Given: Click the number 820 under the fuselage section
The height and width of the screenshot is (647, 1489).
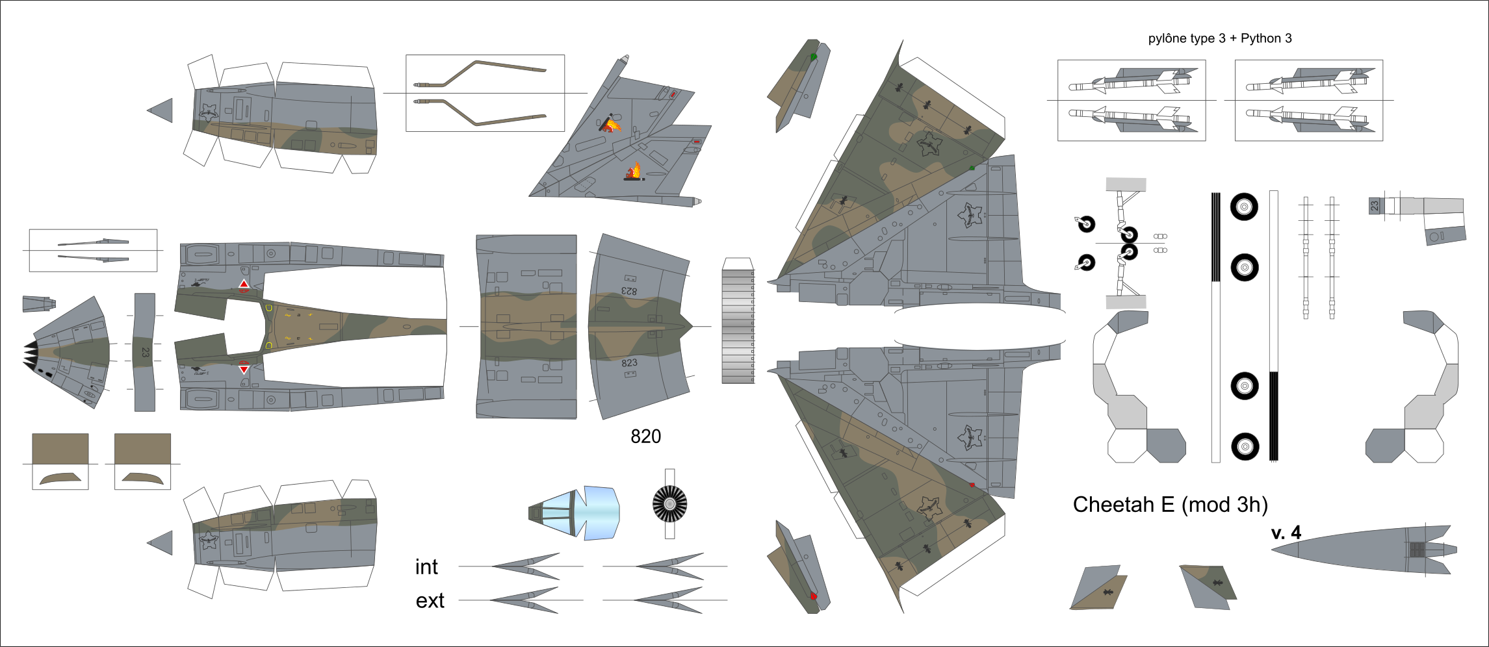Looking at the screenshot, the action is click(x=645, y=437).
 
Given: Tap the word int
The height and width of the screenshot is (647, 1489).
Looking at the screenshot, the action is click(x=426, y=567).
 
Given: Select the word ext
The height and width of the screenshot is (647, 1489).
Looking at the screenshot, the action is click(x=430, y=601).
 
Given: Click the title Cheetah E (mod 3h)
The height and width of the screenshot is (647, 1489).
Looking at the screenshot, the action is click(x=1170, y=505).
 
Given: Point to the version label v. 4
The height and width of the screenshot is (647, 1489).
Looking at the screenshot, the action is click(x=1286, y=533).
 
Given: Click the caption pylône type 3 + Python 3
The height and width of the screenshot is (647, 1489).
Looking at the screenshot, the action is click(x=1220, y=38).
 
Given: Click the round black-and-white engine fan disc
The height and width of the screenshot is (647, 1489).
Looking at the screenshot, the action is click(x=669, y=503).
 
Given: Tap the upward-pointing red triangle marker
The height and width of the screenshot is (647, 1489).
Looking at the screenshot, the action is click(x=244, y=285).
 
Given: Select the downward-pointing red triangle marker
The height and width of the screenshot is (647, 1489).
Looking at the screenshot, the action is click(x=244, y=369).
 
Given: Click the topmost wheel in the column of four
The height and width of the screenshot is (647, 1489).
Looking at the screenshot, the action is click(x=1244, y=207).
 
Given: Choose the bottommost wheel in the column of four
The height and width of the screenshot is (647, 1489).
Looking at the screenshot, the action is click(x=1245, y=446).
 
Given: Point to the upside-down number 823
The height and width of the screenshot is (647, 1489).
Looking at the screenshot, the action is click(x=629, y=291).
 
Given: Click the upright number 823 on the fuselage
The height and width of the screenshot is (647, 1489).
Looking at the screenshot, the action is click(x=629, y=363).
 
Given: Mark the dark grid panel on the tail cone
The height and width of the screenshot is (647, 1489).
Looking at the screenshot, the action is click(x=1418, y=550).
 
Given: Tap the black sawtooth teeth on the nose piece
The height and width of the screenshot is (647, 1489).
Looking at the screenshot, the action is click(x=31, y=355).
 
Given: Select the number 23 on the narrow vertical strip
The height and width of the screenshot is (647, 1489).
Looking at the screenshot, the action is click(x=145, y=352).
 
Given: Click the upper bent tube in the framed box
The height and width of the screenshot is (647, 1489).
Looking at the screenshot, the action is click(x=480, y=73).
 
